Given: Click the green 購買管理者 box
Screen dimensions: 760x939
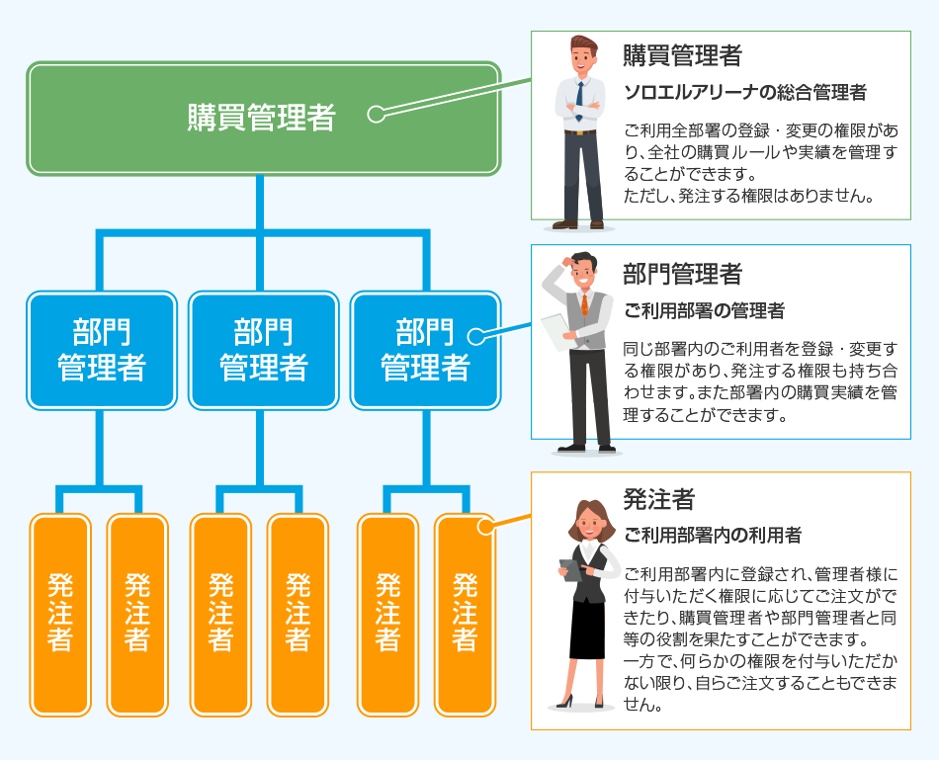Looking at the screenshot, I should pos(263,119).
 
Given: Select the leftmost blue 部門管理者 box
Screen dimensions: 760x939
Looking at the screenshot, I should pos(102,350).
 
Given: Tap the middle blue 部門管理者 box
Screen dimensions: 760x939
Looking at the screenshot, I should pos(263,350).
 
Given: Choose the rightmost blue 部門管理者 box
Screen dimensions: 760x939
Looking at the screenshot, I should pos(425,350).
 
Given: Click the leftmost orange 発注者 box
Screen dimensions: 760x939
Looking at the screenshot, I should pos(60,613).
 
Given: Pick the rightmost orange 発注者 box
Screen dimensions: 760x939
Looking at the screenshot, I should pos(465,613).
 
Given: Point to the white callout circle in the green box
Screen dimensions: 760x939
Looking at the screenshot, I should pos(376,114).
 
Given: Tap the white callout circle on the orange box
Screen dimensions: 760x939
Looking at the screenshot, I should pos(484,527).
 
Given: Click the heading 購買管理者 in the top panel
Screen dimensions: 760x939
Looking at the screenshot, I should pos(682,55).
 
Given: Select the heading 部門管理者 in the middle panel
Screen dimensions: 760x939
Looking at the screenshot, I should pos(682,273).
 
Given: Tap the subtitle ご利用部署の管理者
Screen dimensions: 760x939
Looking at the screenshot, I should pos(704,311).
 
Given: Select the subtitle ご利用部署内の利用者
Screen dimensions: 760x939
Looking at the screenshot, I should pos(712,536).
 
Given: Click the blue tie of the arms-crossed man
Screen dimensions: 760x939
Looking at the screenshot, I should pos(579,99).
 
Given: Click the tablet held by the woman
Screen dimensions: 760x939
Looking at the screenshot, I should pos(571,570).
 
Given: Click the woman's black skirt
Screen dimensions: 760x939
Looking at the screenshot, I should pos(587,630).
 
